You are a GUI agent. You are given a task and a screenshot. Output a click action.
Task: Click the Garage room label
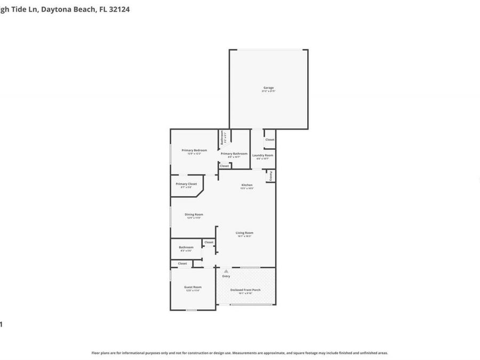click(x=268, y=88)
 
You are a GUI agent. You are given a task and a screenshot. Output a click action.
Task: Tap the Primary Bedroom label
click(x=194, y=150)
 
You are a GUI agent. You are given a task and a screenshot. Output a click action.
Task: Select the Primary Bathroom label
click(x=234, y=154)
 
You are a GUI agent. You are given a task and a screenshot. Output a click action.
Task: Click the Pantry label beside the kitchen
click(x=271, y=176)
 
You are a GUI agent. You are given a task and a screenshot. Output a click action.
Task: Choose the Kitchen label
click(x=246, y=185)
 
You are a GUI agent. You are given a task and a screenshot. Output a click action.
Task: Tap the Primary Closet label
click(x=186, y=184)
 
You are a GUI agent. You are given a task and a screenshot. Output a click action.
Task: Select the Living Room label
click(x=244, y=233)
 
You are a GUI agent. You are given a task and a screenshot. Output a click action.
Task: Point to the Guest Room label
click(x=193, y=287)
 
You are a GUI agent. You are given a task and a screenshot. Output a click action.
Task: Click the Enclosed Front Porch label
click(x=245, y=290)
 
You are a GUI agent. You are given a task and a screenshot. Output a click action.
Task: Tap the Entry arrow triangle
click(x=226, y=271)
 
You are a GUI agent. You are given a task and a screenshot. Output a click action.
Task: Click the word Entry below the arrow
click(x=226, y=276)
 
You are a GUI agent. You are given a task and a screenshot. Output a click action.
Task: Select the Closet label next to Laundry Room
click(x=270, y=140)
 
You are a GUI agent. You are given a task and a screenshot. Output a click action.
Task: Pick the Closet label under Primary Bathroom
click(x=225, y=166)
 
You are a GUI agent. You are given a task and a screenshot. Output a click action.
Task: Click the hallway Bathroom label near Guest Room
click(x=186, y=247)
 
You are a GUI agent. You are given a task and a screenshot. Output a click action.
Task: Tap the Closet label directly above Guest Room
click(x=182, y=263)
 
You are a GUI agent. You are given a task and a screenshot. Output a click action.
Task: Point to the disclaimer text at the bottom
click(x=239, y=353)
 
